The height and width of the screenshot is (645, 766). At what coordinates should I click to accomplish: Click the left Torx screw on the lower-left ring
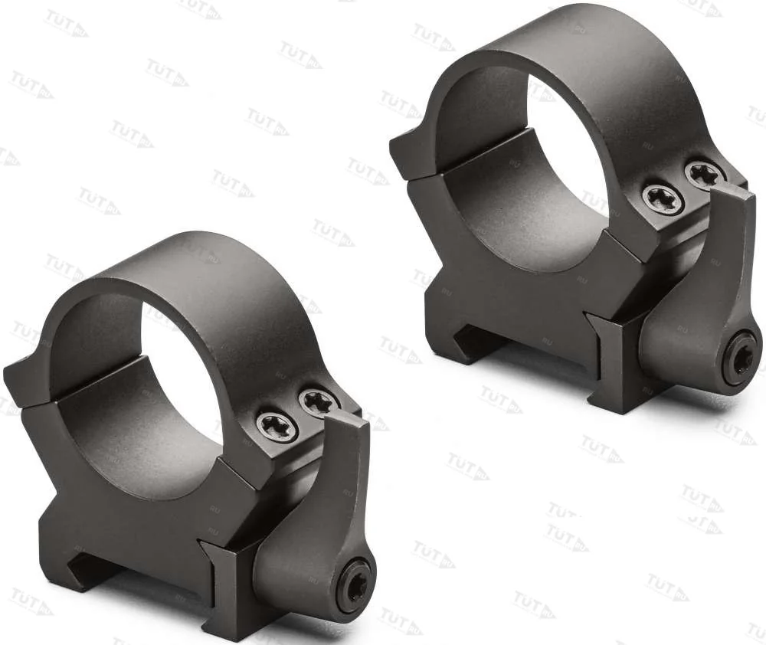tap(277, 427)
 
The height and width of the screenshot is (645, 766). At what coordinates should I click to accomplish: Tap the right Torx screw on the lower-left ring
tap(318, 401)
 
